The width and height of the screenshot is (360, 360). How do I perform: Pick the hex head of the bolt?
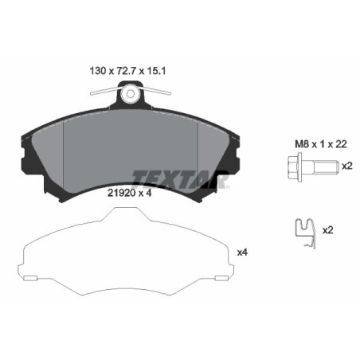tap(290, 167)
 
